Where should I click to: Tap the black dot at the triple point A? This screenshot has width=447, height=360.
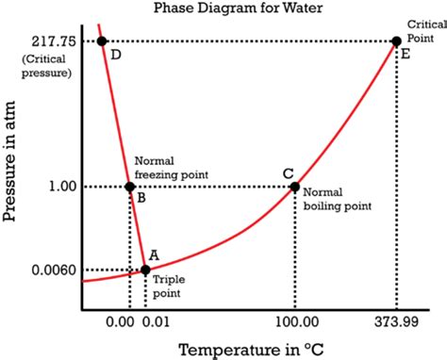coord(145,270)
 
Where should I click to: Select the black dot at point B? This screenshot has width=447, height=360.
coord(130,187)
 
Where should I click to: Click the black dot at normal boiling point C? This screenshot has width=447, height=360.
coord(294,187)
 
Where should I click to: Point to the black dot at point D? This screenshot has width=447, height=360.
coord(102,41)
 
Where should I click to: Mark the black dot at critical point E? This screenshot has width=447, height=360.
coord(396,41)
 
